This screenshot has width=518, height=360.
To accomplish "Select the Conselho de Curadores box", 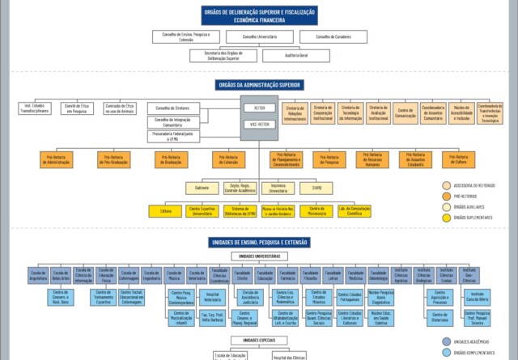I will coord(332,37).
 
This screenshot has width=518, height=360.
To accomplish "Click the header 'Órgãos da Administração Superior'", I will coord(259,84).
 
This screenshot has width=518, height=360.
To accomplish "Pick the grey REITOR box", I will coord(259,108).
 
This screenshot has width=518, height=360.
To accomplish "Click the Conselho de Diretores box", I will coord(172,108).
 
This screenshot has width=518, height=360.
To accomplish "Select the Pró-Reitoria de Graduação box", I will coord(171,159).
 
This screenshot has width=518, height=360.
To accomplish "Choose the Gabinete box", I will coord(202,187).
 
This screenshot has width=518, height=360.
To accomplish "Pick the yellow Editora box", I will coord(166,210).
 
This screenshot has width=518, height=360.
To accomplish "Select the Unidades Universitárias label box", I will coord(259,256).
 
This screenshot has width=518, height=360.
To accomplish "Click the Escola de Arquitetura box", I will coord(38,275).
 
